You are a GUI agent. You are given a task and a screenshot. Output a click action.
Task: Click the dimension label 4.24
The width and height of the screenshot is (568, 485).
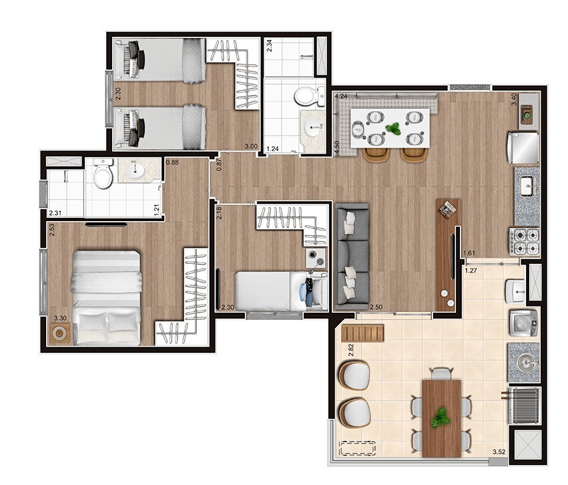tap(341, 96)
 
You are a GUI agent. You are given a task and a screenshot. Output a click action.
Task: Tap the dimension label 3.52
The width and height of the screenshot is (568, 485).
tap(499, 452)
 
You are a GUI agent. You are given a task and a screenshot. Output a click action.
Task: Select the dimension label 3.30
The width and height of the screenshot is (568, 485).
tap(59, 319)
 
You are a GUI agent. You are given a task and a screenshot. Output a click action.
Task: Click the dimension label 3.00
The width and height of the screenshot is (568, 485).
tap(251, 147)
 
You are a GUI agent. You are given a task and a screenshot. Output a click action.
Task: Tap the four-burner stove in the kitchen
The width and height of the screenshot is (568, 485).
tap(525, 242)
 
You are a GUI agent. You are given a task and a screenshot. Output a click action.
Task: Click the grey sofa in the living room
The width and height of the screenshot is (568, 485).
tap(351, 256)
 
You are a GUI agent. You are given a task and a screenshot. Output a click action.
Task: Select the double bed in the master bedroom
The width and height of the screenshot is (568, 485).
tap(107, 297)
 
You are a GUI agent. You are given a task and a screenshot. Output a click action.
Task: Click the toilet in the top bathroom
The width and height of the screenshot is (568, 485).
tap(306, 96)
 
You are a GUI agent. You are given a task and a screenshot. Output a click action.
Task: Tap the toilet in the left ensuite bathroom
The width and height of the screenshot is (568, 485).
tap(103, 176)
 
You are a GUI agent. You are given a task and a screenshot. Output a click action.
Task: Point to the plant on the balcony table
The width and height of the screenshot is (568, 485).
tap(440, 418)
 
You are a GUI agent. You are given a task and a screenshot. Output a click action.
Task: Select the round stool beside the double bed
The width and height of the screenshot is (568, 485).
tap(60, 333)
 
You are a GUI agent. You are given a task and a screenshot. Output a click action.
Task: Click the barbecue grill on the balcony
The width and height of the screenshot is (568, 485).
tap(524, 406)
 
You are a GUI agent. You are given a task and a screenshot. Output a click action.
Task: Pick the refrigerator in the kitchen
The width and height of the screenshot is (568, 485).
tap(524, 148)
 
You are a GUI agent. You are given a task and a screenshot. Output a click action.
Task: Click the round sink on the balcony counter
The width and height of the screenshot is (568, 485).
tap(524, 361)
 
